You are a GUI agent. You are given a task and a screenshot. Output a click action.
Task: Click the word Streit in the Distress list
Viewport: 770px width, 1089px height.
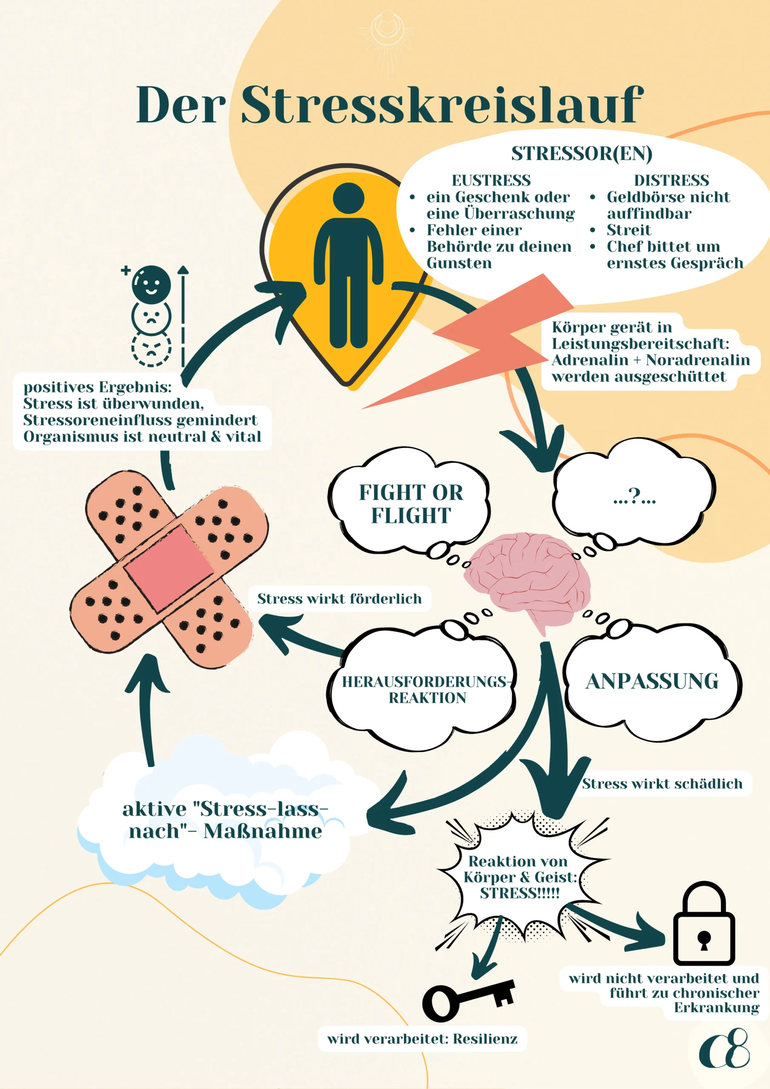click(629, 230)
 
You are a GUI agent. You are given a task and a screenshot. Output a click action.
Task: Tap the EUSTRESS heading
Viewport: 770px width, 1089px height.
click(491, 181)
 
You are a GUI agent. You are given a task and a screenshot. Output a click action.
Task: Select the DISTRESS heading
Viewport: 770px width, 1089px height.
click(671, 181)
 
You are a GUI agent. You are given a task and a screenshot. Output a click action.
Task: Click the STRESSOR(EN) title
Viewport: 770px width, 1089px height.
click(582, 154)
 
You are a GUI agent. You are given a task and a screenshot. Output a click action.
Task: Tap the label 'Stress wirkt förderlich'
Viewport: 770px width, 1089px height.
click(339, 599)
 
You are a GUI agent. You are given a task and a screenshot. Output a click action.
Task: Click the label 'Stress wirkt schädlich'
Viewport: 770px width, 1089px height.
click(662, 784)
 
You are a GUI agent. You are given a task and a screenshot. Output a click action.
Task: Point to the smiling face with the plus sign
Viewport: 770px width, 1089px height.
click(151, 284)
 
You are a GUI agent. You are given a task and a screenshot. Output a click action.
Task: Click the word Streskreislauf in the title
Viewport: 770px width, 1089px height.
click(441, 105)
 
